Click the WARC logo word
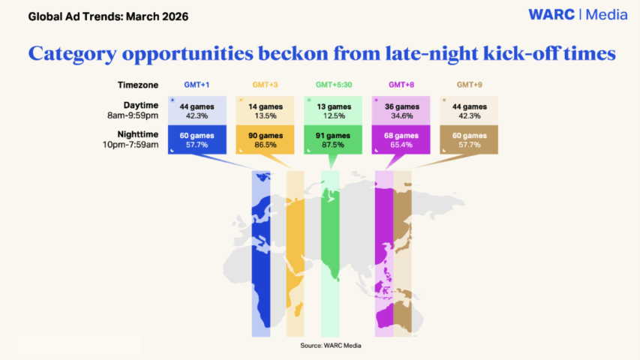[x=551, y=15]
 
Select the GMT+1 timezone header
[x=197, y=85]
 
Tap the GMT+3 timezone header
[x=265, y=85]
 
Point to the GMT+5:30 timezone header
[x=334, y=85]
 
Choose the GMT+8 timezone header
[x=401, y=85]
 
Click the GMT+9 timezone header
[x=470, y=85]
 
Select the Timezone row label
[x=138, y=85]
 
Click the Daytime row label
[x=141, y=105]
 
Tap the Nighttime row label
[x=137, y=134]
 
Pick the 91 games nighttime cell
[x=333, y=139]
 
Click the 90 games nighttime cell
[x=265, y=139]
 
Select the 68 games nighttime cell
[x=401, y=139]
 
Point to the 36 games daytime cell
[x=401, y=110]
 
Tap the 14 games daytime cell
[x=265, y=110]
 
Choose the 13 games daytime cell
[x=333, y=110]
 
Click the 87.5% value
[x=333, y=145]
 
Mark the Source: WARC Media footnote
[x=331, y=346]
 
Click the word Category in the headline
[x=72, y=54]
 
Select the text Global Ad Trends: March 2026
[x=108, y=16]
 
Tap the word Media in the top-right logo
[x=606, y=15]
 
